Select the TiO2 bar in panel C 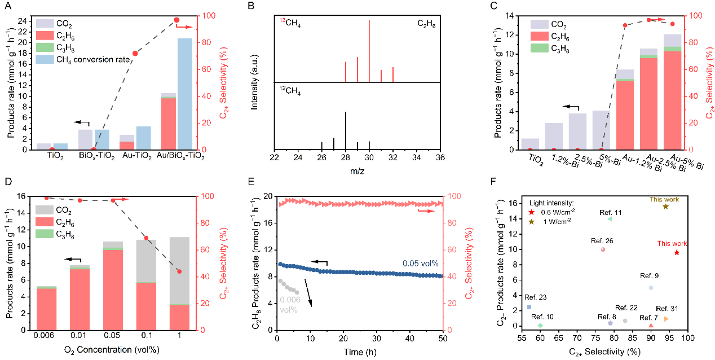tap(530, 144)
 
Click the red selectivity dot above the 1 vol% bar tap(179, 271)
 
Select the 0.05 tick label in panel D tap(113, 338)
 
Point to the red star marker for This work tap(677, 252)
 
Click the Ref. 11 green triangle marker tap(610, 219)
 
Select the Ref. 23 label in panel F tap(535, 297)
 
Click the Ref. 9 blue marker tap(651, 288)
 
